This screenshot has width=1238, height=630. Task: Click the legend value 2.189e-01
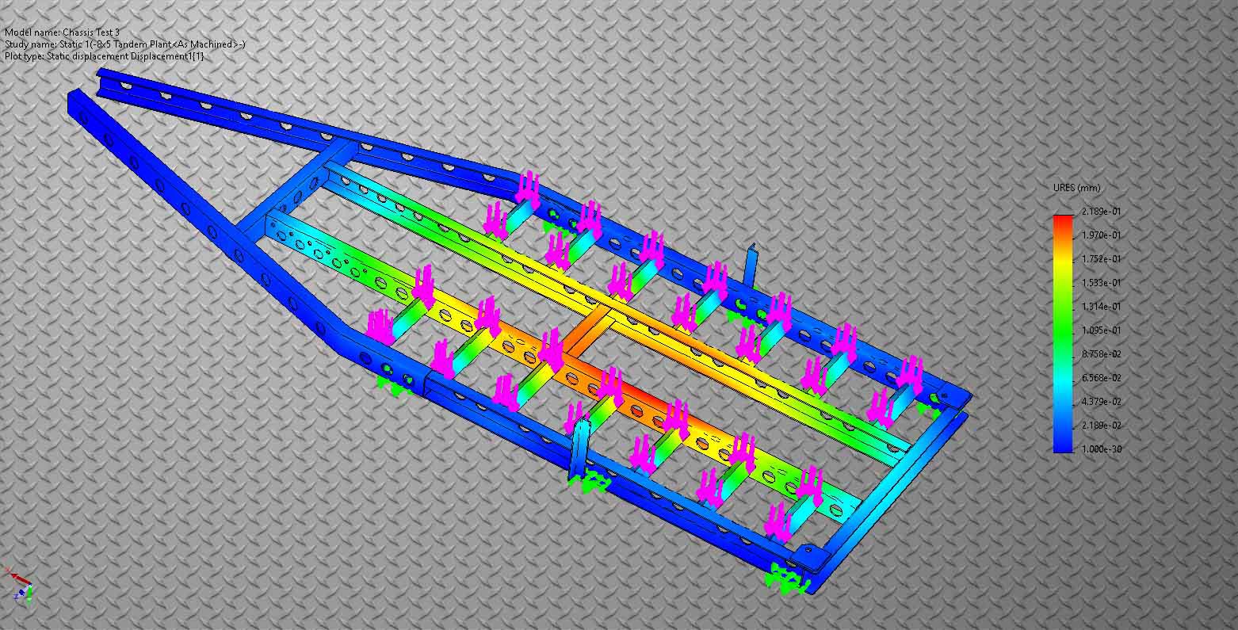(1101, 211)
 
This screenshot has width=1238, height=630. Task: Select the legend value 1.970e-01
(1101, 235)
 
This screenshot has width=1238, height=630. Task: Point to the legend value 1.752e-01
(1101, 258)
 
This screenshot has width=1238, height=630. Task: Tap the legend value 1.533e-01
(1101, 282)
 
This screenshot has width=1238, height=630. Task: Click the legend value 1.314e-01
(1101, 306)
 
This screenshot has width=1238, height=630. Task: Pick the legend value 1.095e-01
(1101, 330)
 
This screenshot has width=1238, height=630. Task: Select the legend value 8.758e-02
(1101, 353)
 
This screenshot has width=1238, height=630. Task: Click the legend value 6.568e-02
(1101, 377)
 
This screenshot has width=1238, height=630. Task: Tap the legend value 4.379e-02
(1101, 401)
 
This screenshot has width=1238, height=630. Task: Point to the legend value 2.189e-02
(1101, 425)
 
